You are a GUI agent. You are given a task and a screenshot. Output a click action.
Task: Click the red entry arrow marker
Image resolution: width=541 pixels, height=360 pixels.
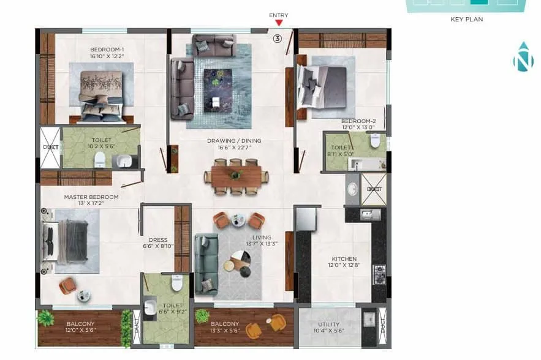[279, 23]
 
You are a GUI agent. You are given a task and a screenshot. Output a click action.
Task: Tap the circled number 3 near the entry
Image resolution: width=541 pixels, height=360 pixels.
[277, 39]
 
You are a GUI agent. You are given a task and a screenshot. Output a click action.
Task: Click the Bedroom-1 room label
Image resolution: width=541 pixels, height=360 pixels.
[107, 53]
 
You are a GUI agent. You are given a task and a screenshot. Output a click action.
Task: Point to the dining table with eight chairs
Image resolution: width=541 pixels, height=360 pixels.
[236, 176]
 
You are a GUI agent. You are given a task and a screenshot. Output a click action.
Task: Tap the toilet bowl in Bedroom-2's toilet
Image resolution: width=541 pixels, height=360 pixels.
[374, 141]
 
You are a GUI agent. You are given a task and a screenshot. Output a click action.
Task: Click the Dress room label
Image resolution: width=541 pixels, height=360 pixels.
[158, 243]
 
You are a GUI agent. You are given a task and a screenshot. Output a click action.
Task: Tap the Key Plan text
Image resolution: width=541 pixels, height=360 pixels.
[467, 20]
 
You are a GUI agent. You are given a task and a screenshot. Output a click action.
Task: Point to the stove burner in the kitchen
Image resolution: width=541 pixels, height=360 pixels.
[379, 273]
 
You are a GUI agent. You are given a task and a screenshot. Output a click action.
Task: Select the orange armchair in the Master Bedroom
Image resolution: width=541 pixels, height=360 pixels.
[68, 285]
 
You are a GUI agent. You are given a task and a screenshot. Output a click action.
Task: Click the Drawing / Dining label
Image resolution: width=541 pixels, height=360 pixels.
[234, 144]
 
